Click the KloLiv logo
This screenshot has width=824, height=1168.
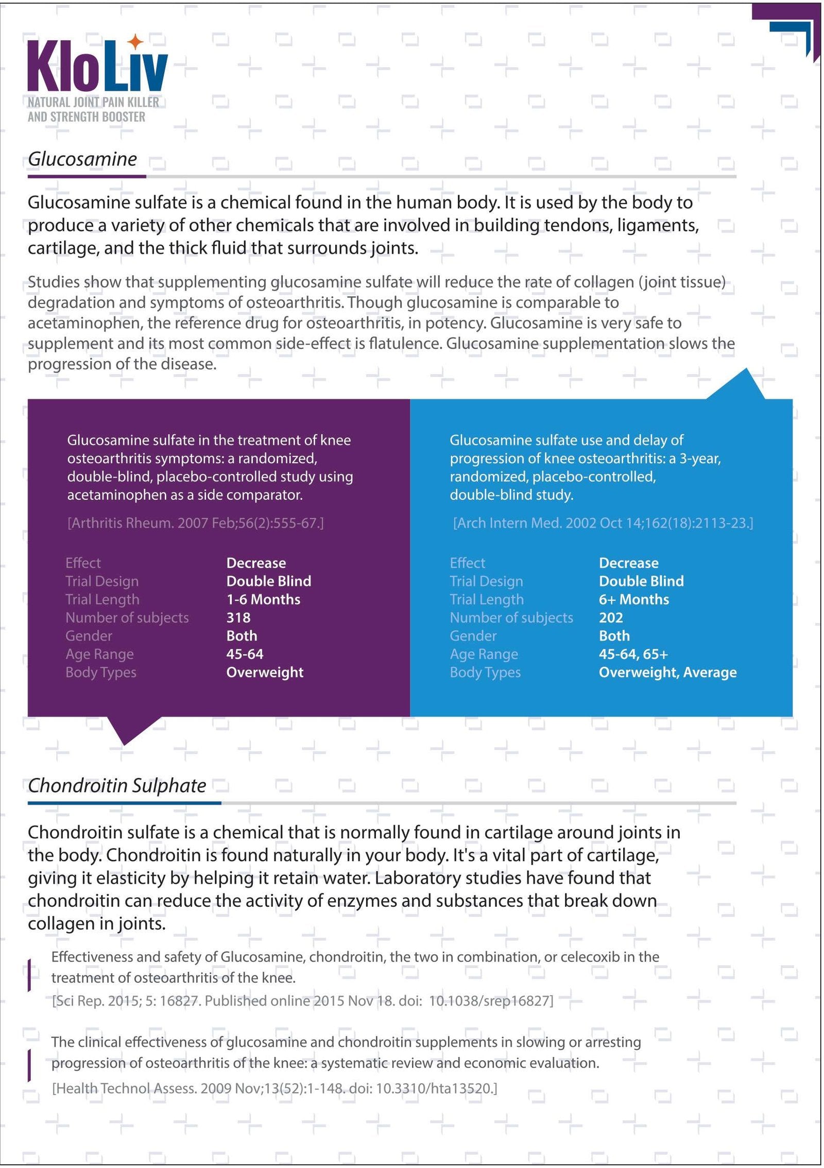pyautogui.click(x=97, y=66)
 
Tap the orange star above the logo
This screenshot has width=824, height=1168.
pyautogui.click(x=135, y=42)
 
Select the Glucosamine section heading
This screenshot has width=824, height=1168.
pyautogui.click(x=82, y=159)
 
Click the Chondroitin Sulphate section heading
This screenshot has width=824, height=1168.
pyautogui.click(x=117, y=786)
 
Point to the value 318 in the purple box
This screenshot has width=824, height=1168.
pyautogui.click(x=238, y=618)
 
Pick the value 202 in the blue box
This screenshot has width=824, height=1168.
pyautogui.click(x=611, y=618)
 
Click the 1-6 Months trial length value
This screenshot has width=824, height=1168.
pyautogui.click(x=263, y=600)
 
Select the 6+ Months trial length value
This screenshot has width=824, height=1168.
pyautogui.click(x=634, y=600)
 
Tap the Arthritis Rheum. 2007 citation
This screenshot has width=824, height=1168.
pyautogui.click(x=195, y=523)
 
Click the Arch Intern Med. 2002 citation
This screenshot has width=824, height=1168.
pyautogui.click(x=603, y=523)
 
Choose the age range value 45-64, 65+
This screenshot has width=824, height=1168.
pyautogui.click(x=633, y=654)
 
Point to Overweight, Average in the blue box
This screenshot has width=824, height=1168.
pyautogui.click(x=667, y=672)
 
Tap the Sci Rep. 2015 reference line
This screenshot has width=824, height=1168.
pyautogui.click(x=302, y=1001)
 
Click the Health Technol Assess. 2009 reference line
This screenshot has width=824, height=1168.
pyautogui.click(x=274, y=1089)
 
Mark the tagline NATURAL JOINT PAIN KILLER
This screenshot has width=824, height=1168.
pyautogui.click(x=93, y=102)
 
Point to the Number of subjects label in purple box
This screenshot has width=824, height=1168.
pyautogui.click(x=127, y=618)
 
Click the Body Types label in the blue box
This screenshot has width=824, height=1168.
pyautogui.click(x=485, y=672)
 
